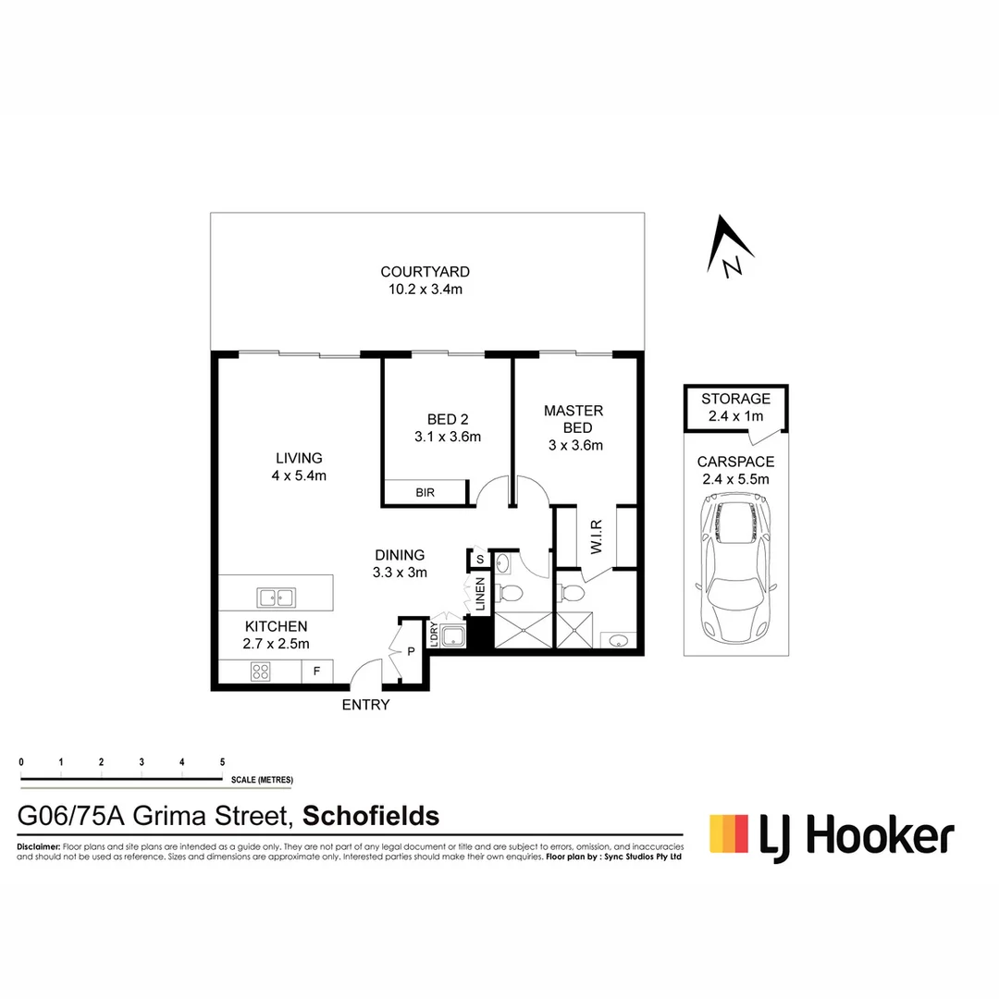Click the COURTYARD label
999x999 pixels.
425,272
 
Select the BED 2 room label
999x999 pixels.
448,420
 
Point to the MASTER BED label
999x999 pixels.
573,419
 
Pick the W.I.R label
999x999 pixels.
596,537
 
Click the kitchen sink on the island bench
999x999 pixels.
275,597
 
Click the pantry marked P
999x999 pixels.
411,651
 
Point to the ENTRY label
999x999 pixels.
366,706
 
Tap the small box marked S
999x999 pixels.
480,559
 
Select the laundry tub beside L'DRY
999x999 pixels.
452,636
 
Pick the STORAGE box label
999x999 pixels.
735,399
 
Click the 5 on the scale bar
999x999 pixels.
222,762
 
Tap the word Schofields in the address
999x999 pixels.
371,816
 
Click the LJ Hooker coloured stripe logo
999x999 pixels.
728,832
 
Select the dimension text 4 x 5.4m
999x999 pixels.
299,476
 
